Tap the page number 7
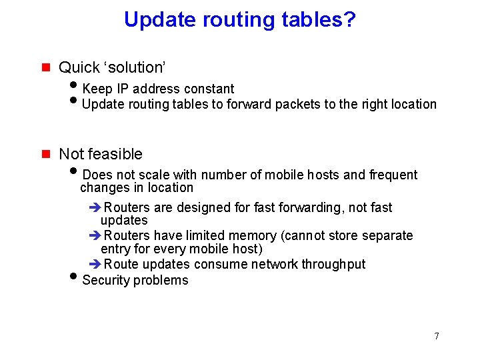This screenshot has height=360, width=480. click(x=437, y=336)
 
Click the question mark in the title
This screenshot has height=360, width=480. click(x=349, y=19)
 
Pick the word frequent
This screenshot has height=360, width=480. click(x=393, y=175)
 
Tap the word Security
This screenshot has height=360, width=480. click(x=107, y=280)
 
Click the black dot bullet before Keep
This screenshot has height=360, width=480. click(x=74, y=87)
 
